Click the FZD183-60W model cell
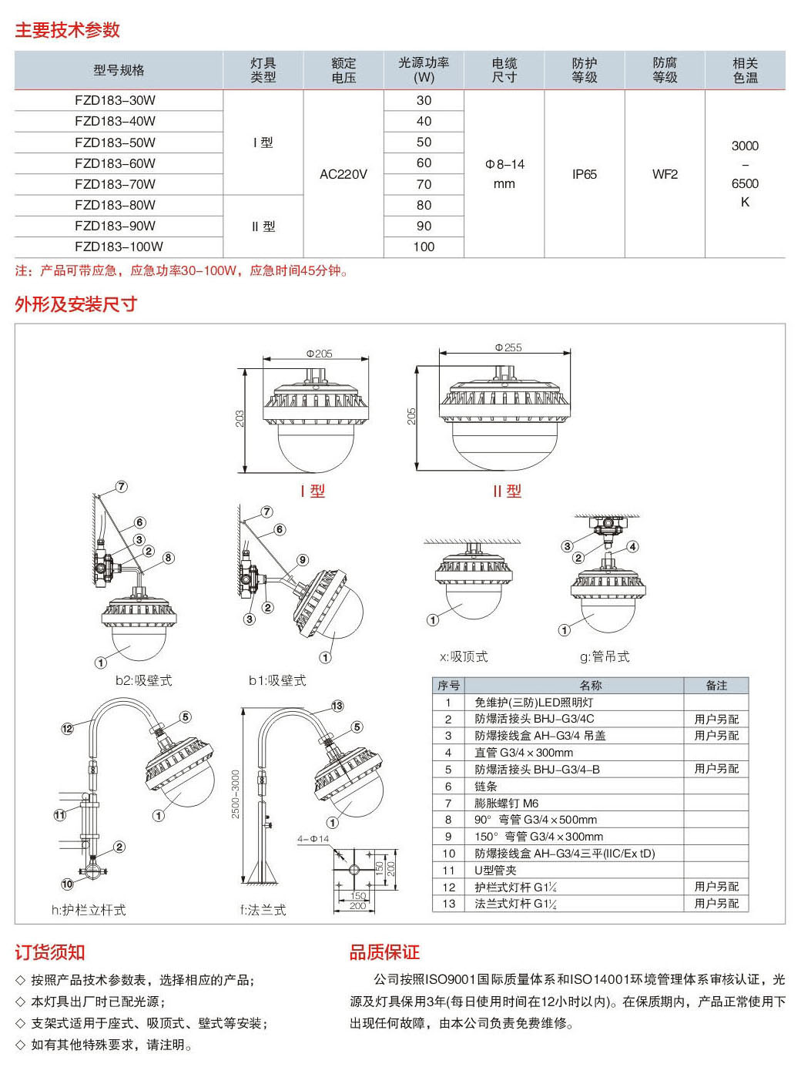(x=115, y=163)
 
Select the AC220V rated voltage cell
(x=344, y=174)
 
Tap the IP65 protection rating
(x=585, y=174)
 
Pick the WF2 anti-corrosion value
(x=665, y=174)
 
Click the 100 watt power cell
(x=424, y=247)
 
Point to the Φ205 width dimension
(x=319, y=354)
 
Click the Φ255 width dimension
(x=508, y=347)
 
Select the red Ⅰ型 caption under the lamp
(x=313, y=491)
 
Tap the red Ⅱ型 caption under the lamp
(x=508, y=491)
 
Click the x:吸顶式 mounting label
(x=464, y=656)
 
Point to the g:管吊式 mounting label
(x=605, y=656)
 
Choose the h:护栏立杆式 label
(x=89, y=910)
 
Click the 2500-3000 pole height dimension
(x=236, y=794)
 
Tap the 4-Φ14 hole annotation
(x=313, y=839)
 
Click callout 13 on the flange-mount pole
(x=337, y=706)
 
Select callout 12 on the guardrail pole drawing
(x=67, y=728)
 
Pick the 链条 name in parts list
(x=486, y=787)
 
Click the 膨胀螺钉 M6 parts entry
(x=506, y=803)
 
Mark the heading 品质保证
(x=384, y=952)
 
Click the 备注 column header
(x=716, y=685)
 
